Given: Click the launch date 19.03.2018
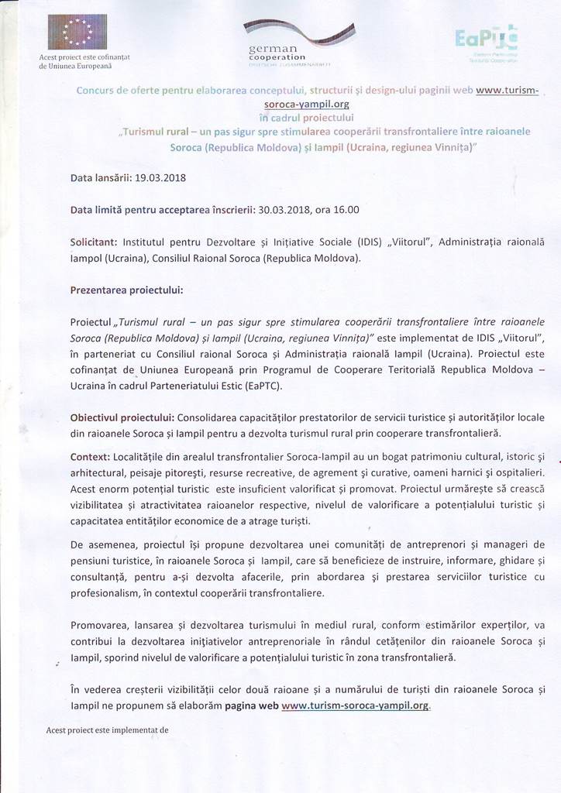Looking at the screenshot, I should tap(161, 177).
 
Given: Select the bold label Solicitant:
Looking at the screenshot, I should tap(94, 242).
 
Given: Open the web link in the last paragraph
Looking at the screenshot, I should tap(355, 705).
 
